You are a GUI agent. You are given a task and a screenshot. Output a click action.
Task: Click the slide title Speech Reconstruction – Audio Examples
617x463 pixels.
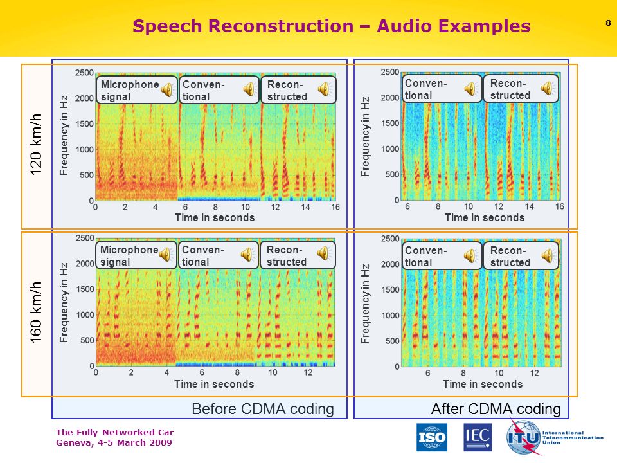click(332, 26)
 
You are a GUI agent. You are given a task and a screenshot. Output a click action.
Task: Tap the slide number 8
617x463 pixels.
click(608, 23)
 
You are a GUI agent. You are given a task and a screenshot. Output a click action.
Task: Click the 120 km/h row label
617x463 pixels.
click(36, 145)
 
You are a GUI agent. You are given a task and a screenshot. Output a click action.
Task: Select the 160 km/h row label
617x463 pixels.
click(36, 312)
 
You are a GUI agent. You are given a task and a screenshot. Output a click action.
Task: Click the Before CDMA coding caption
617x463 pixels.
click(263, 409)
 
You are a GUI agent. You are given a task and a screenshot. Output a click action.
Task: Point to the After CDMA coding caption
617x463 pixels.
click(496, 409)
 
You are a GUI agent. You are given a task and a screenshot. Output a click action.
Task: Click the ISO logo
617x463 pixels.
click(432, 437)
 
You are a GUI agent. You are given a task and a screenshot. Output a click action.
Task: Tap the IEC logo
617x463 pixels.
click(478, 437)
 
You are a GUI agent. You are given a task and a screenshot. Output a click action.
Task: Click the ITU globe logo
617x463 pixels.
click(523, 437)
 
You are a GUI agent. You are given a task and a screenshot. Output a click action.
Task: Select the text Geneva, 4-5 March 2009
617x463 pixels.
click(114, 443)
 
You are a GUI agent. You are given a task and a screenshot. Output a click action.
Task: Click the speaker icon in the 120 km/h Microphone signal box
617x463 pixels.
click(168, 90)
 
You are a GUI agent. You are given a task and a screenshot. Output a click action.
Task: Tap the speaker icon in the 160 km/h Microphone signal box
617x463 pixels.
click(166, 255)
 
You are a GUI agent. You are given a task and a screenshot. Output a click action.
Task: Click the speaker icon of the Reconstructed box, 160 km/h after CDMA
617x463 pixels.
click(548, 256)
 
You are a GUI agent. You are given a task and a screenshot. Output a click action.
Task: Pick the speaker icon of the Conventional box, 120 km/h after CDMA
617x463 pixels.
click(470, 89)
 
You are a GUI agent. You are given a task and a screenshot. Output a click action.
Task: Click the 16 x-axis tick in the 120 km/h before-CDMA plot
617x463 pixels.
click(335, 207)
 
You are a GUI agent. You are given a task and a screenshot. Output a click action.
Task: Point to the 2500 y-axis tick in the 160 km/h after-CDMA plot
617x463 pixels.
click(390, 239)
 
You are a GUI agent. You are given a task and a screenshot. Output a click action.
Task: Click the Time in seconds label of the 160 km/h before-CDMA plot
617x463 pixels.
click(214, 385)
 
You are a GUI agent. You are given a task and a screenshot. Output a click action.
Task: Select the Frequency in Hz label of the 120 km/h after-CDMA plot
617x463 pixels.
click(366, 136)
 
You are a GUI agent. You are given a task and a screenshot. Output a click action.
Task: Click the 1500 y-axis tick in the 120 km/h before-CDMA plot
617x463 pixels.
click(84, 123)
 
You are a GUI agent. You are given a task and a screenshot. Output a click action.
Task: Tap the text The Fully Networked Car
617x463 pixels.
click(115, 432)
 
